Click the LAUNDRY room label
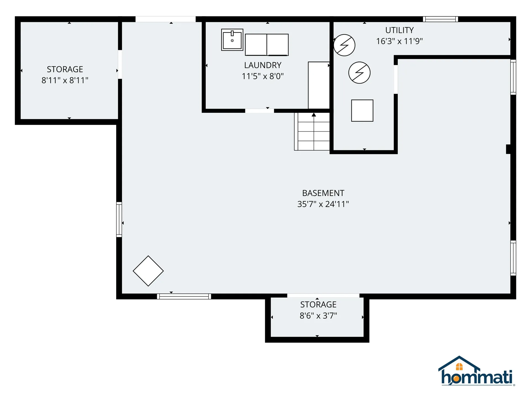click(x=262, y=65)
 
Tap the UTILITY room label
click(x=399, y=30)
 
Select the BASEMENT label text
click(x=323, y=193)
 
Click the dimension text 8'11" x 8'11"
click(x=65, y=80)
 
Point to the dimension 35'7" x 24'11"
click(x=323, y=204)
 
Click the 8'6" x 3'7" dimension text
click(x=318, y=316)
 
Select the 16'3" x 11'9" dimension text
click(x=399, y=41)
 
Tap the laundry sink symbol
click(x=232, y=40)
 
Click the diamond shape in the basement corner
click(x=148, y=271)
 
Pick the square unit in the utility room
click(x=362, y=111)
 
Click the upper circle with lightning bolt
click(x=344, y=45)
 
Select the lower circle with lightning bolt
click(x=359, y=73)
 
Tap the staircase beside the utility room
click(x=312, y=132)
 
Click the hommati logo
click(x=476, y=372)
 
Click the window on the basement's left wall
click(x=119, y=219)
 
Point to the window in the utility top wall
click(x=440, y=19)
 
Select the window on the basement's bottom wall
click(x=184, y=296)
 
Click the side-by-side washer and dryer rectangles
click(x=267, y=45)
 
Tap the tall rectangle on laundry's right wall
click(x=319, y=85)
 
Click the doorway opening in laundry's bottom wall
click(x=259, y=111)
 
